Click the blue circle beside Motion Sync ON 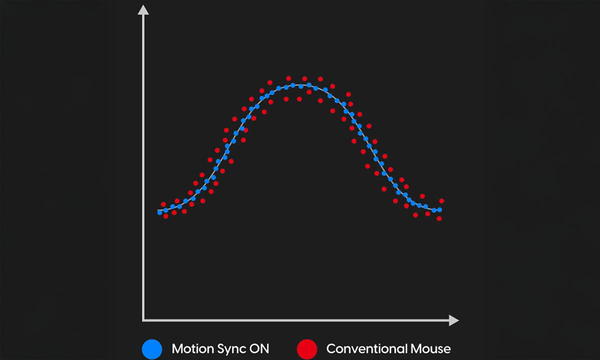click(x=152, y=348)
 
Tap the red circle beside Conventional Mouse click(x=306, y=348)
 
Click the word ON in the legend click(x=258, y=348)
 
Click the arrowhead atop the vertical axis click(x=143, y=9)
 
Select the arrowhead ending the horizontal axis click(x=453, y=320)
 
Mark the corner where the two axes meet click(x=144, y=320)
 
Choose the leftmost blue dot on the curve click(x=160, y=212)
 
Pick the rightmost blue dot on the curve click(x=439, y=209)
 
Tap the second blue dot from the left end click(x=166, y=210)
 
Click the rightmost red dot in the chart click(x=441, y=201)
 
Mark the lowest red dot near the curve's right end click(x=439, y=218)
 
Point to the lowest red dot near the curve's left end click(x=165, y=216)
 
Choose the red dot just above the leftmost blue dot click(x=163, y=204)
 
